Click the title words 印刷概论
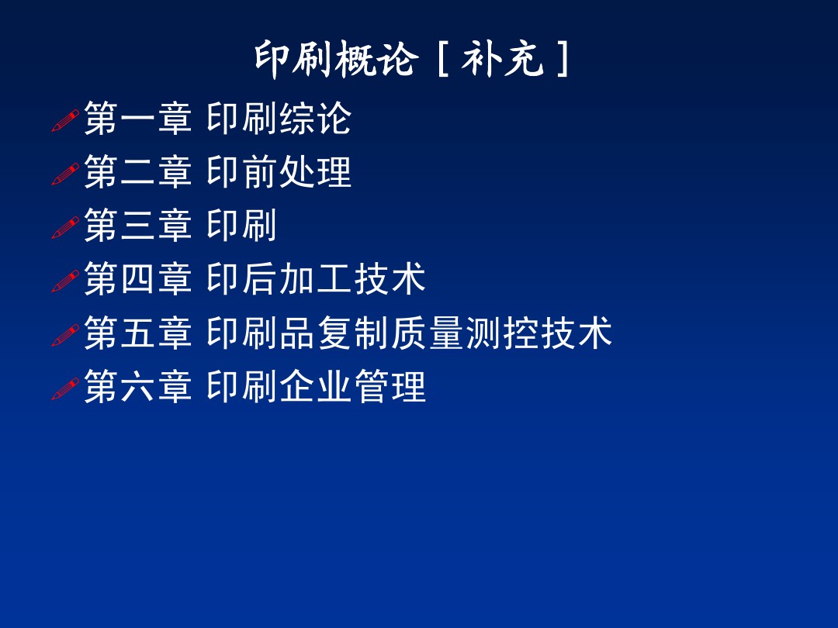click(336, 60)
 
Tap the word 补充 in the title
click(502, 60)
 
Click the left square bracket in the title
click(442, 60)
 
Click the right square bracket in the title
click(563, 60)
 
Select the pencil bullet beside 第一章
click(65, 120)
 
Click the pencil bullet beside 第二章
click(65, 174)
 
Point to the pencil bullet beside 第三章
click(65, 227)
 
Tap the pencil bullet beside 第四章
click(65, 281)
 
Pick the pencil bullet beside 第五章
click(65, 334)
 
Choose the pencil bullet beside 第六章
click(65, 388)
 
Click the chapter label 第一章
click(137, 119)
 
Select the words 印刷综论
click(279, 119)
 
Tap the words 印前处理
click(279, 172)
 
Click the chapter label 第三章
click(137, 226)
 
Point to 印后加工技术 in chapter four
click(316, 279)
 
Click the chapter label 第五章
click(137, 333)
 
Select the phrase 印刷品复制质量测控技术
click(409, 333)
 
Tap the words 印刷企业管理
click(316, 386)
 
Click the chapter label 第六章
click(137, 386)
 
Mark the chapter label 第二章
click(137, 172)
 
